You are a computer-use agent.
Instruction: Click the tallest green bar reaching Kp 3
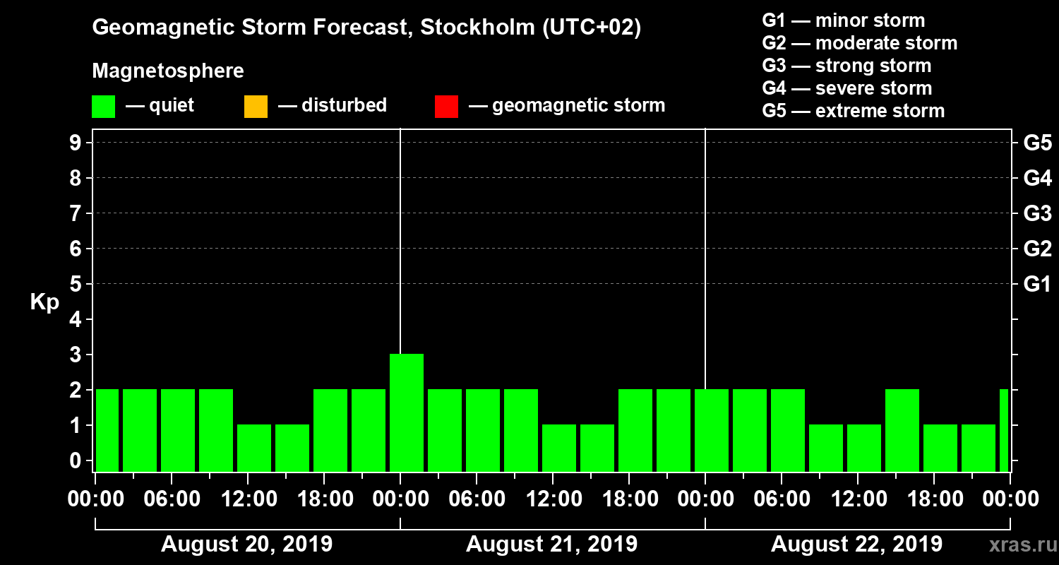[x=407, y=412]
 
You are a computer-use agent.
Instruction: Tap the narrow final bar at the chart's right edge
[x=1004, y=430]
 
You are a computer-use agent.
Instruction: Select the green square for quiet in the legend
[x=103, y=107]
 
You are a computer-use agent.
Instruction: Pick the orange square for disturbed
[x=256, y=107]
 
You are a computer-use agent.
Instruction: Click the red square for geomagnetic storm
[x=446, y=107]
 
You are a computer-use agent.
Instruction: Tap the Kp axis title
[x=44, y=302]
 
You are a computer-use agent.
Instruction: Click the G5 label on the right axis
[x=1037, y=143]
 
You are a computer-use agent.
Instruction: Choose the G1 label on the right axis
[x=1037, y=285]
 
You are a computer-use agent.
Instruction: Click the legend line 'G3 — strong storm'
[x=846, y=66]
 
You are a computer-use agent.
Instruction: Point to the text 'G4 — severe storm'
[x=846, y=88]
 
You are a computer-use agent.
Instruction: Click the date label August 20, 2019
[x=247, y=545]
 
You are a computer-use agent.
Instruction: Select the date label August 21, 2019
[x=551, y=545]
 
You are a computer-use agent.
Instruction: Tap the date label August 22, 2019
[x=856, y=545]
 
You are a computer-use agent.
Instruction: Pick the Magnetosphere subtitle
[x=168, y=71]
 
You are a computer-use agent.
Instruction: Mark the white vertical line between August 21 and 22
[x=705, y=247]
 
